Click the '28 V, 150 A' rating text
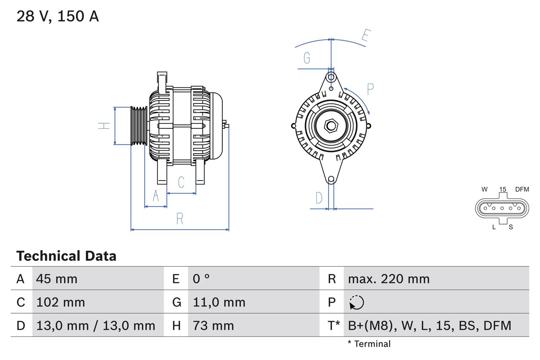[57, 16]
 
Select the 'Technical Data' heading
[66, 256]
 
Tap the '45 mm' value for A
[57, 279]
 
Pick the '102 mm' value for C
[60, 302]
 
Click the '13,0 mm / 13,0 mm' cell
[96, 325]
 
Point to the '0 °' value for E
[201, 279]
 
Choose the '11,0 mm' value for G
[219, 302]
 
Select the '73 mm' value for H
[213, 325]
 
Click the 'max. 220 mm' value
[389, 279]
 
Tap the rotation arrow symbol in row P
[356, 303]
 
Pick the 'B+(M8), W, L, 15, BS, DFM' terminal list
[429, 325]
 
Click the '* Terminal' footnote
[369, 344]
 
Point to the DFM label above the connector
[521, 189]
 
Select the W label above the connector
[485, 189]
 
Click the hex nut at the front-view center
[331, 126]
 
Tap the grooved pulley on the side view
[138, 126]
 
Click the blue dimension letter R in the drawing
[180, 219]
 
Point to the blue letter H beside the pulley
[104, 126]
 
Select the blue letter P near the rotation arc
[370, 89]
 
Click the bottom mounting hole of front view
[331, 179]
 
